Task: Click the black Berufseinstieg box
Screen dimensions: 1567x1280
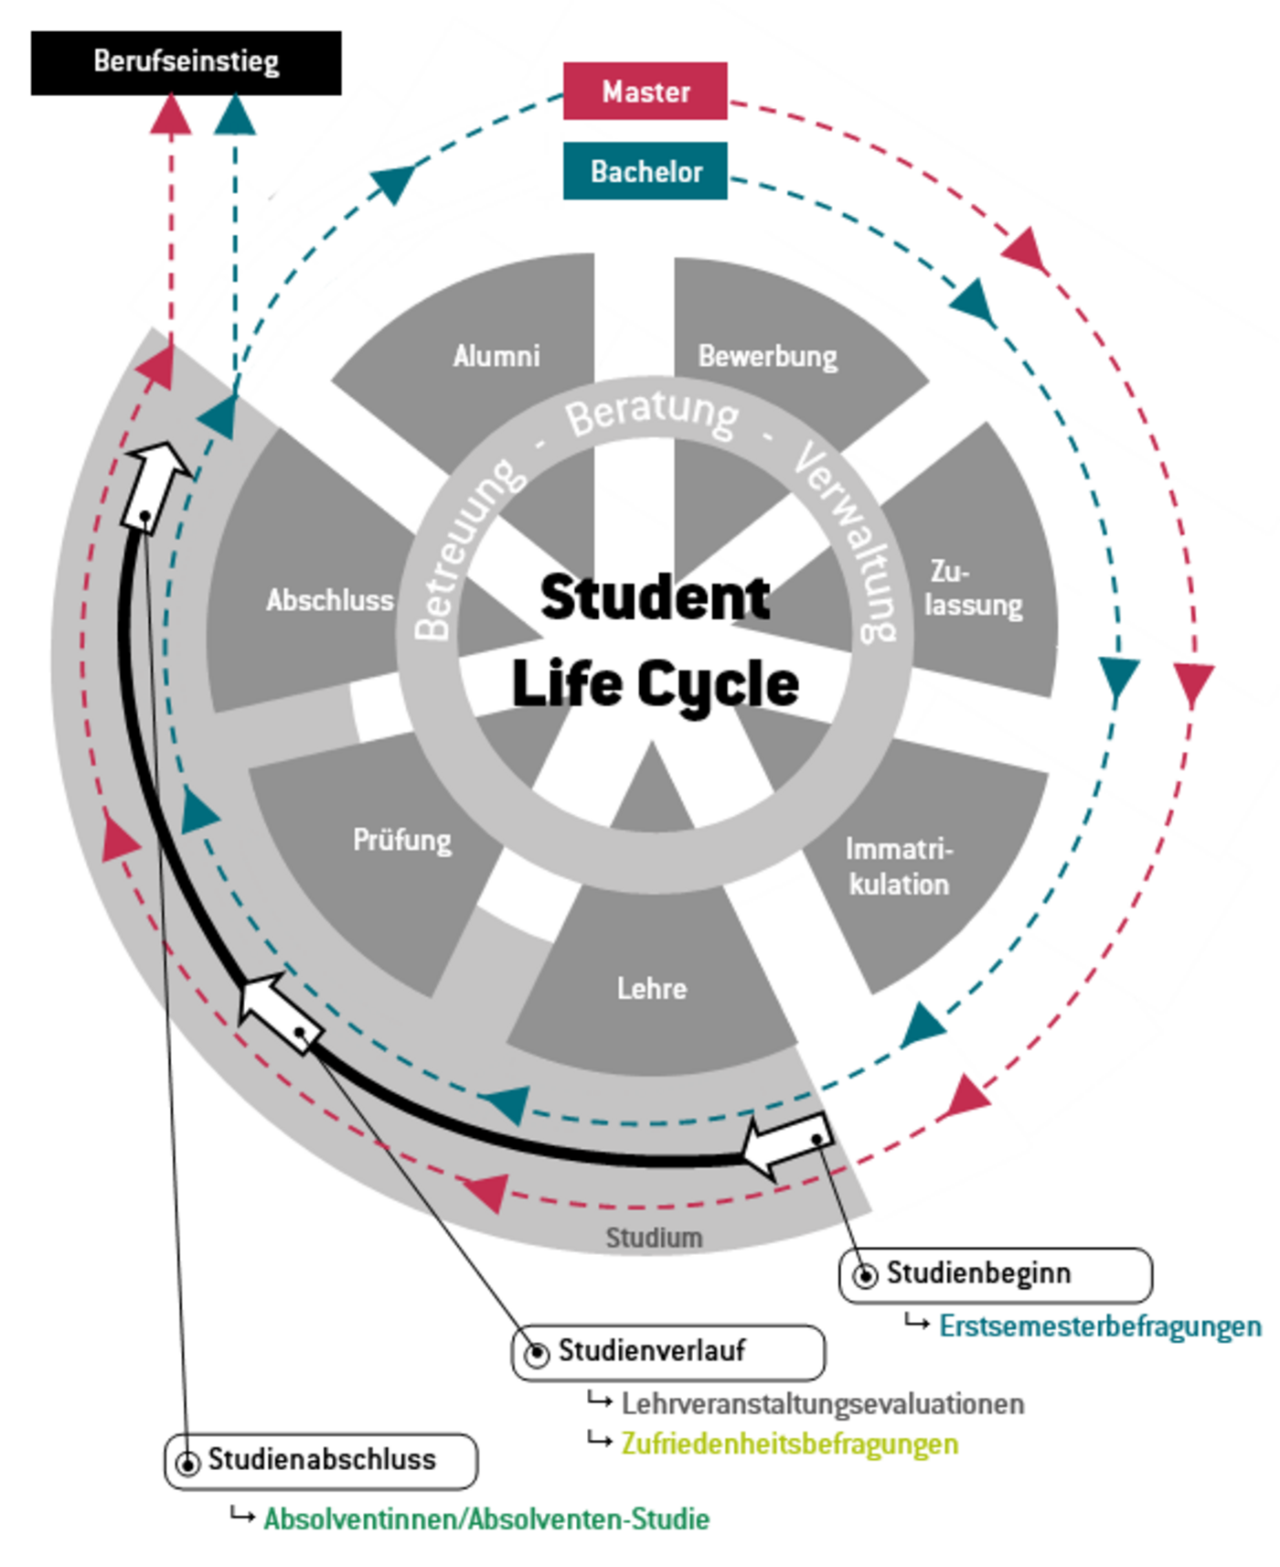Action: point(186,62)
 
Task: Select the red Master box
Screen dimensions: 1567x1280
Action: point(645,91)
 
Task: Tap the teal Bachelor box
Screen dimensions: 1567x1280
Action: point(645,171)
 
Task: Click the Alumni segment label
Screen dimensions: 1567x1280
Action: point(496,355)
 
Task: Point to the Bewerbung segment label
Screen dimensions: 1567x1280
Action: point(767,356)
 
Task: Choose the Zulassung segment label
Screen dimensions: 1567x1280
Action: point(973,588)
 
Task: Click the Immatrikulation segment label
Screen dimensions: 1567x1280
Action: point(899,866)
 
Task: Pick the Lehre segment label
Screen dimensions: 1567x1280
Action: point(651,988)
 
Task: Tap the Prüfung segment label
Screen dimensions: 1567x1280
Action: point(402,840)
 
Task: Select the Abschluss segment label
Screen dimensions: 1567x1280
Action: point(330,600)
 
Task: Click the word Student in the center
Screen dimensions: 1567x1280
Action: point(655,597)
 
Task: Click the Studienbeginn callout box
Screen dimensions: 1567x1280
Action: point(995,1274)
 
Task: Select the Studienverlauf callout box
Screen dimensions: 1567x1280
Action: point(667,1351)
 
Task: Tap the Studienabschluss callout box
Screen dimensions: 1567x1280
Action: point(321,1460)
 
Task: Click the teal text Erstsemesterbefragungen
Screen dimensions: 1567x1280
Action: point(1100,1326)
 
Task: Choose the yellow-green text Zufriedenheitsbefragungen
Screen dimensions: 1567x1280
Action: point(790,1444)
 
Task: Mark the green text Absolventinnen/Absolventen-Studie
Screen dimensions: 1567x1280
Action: point(486,1519)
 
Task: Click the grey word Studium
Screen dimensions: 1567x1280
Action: point(654,1238)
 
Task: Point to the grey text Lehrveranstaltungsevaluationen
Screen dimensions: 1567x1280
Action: point(823,1403)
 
